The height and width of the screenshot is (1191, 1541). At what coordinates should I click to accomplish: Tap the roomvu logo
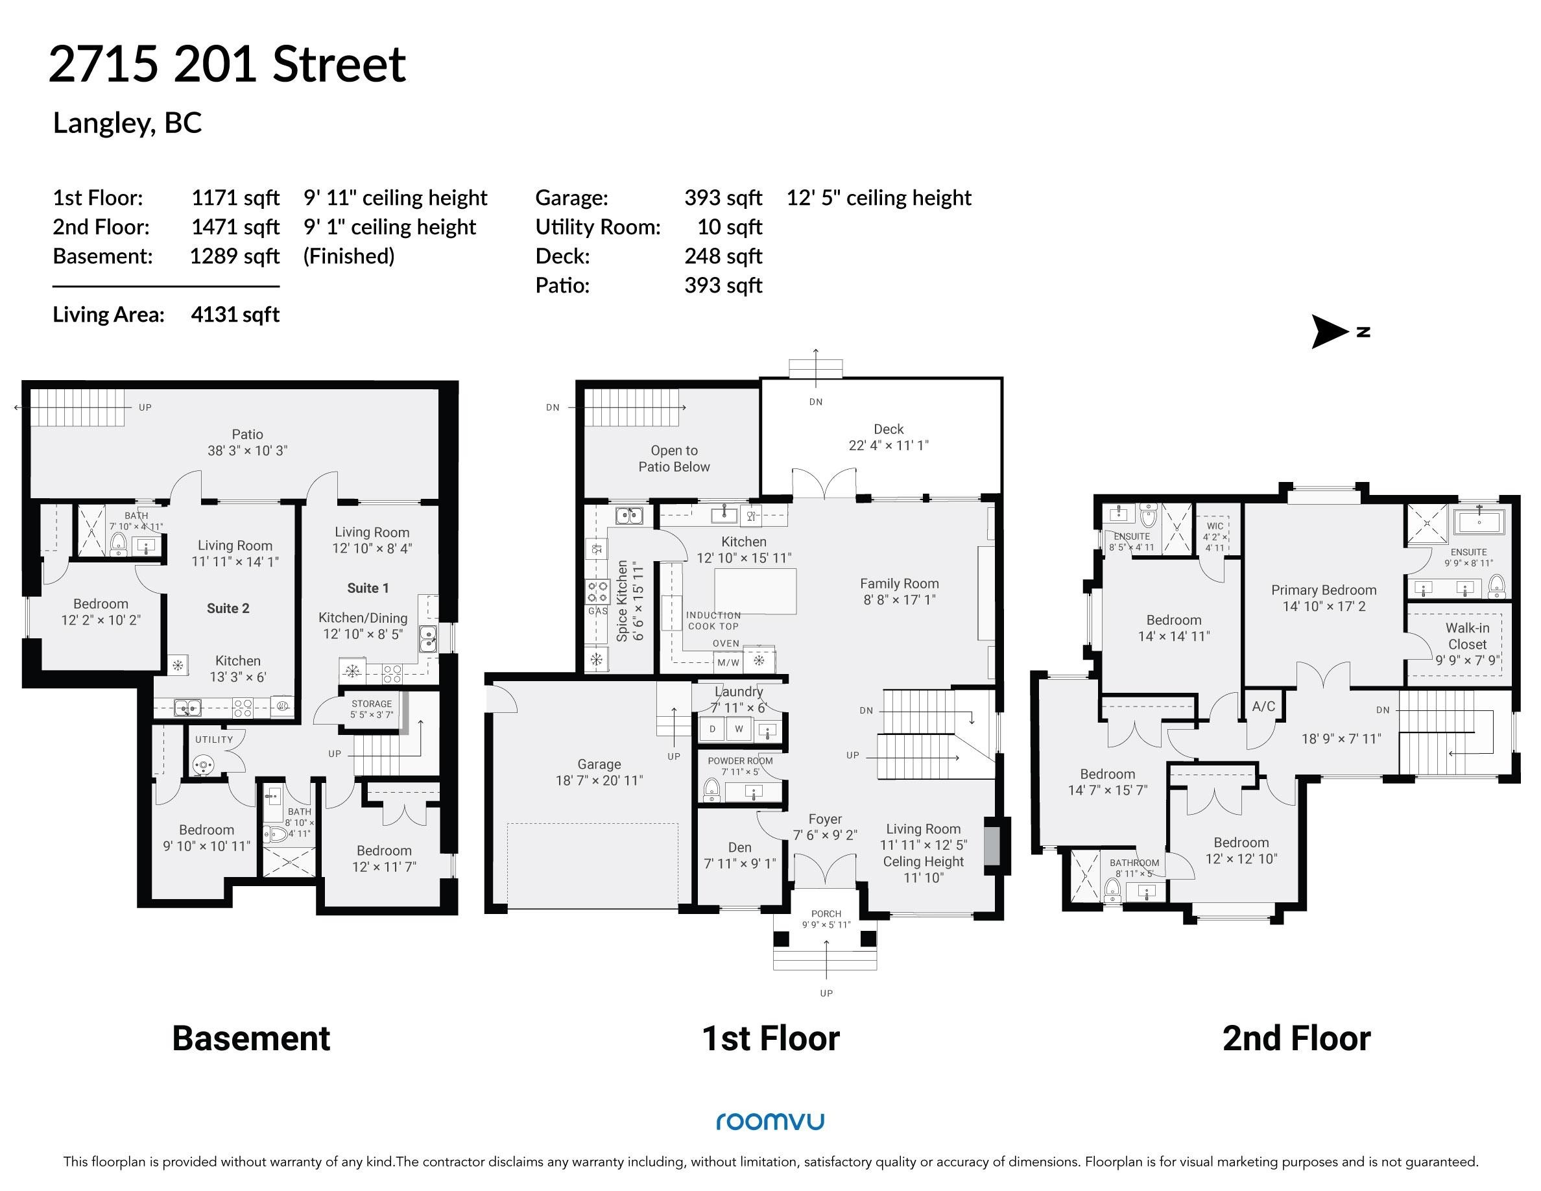pyautogui.click(x=770, y=1121)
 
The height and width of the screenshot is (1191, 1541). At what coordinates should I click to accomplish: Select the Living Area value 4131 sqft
pyautogui.click(x=235, y=314)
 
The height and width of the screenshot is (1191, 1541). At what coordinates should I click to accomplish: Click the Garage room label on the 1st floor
pyautogui.click(x=599, y=764)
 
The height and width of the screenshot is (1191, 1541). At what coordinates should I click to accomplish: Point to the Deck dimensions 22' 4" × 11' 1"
pyautogui.click(x=889, y=445)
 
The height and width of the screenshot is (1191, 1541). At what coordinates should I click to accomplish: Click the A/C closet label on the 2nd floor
pyautogui.click(x=1263, y=706)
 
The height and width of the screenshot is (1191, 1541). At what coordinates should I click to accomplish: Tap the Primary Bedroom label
pyautogui.click(x=1324, y=590)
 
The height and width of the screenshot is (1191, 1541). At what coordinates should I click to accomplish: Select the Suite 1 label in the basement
pyautogui.click(x=368, y=588)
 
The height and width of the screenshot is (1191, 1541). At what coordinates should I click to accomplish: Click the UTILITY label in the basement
pyautogui.click(x=214, y=740)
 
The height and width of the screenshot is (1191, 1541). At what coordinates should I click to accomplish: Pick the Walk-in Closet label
pyautogui.click(x=1467, y=636)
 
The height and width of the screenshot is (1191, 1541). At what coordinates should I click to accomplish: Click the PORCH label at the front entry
pyautogui.click(x=826, y=914)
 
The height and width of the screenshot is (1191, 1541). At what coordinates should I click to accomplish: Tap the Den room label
pyautogui.click(x=739, y=847)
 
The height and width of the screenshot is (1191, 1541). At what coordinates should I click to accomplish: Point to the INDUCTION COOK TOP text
pyautogui.click(x=713, y=621)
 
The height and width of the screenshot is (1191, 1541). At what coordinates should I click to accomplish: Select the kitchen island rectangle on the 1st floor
pyautogui.click(x=755, y=594)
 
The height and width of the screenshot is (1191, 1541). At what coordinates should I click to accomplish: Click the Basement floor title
pyautogui.click(x=251, y=1039)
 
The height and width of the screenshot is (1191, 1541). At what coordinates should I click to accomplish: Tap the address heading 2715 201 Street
pyautogui.click(x=227, y=64)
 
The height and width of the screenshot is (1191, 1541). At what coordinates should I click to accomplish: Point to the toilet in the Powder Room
pyautogui.click(x=711, y=789)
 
